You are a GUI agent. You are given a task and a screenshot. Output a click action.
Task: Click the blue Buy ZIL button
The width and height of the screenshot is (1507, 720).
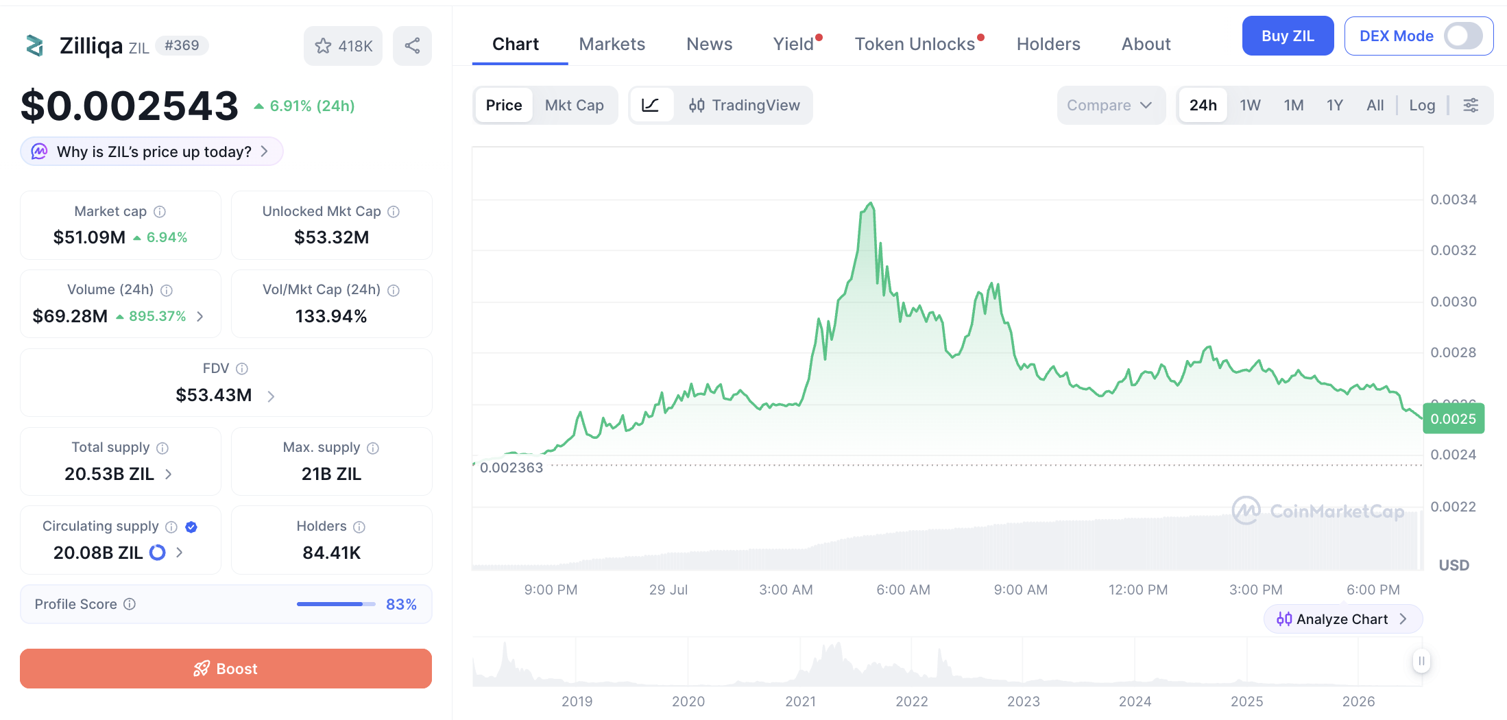(1288, 36)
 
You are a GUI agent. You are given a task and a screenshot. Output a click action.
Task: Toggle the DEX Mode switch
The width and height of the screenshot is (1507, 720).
(1463, 36)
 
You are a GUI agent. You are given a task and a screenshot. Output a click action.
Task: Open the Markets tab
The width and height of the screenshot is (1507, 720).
(612, 44)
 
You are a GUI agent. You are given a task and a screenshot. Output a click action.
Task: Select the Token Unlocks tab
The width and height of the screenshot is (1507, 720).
(915, 44)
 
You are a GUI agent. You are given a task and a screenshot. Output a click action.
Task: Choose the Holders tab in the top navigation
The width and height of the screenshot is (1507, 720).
(1048, 44)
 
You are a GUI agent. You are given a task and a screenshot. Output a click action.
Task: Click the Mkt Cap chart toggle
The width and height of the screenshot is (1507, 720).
(575, 105)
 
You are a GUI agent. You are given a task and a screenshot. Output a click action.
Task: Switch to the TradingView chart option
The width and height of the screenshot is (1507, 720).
(745, 105)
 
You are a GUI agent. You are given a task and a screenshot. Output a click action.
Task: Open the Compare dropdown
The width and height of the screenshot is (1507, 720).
(1110, 105)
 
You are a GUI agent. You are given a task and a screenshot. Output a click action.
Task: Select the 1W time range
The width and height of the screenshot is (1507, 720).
(1250, 105)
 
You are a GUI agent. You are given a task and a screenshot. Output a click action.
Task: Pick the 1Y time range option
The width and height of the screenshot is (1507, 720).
(1334, 105)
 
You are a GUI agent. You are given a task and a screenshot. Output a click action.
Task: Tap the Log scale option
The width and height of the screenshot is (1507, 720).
(1422, 105)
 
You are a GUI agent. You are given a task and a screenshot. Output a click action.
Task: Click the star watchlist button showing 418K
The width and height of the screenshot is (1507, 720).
(343, 46)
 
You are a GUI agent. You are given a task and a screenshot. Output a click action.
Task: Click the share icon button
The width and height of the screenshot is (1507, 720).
(412, 46)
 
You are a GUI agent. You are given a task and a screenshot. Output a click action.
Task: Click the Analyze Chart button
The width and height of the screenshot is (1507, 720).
(1342, 619)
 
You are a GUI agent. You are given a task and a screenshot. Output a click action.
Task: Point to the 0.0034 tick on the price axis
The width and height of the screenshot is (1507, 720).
(1453, 200)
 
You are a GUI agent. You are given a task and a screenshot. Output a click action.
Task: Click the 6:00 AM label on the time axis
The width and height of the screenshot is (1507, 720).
(903, 590)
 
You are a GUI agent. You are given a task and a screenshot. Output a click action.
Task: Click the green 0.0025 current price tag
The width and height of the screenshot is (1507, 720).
(1454, 418)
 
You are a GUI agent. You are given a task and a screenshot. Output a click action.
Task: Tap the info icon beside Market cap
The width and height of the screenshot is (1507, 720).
(160, 212)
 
